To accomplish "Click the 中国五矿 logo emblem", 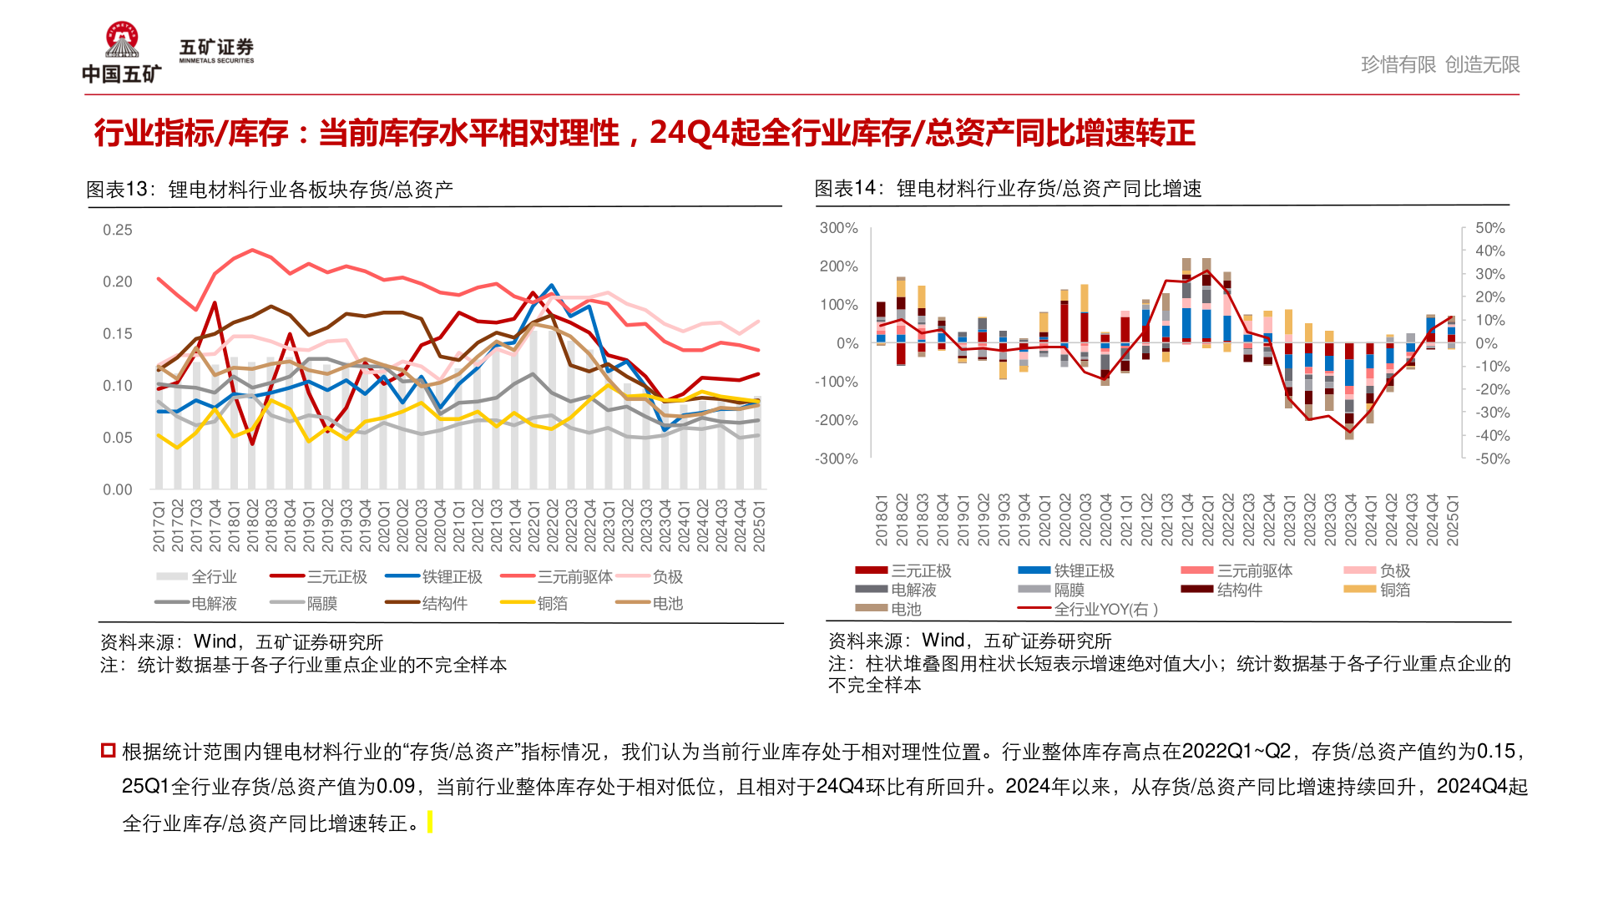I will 122,40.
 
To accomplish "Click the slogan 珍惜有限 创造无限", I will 1439,64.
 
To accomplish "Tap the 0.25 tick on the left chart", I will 118,230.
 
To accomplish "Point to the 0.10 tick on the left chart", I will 118,386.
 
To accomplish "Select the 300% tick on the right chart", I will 838,228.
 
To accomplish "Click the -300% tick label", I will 837,459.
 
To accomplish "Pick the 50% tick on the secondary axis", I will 1489,228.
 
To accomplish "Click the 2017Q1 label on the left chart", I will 159,526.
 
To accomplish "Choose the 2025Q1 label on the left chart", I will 759,526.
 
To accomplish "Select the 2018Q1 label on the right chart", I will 882,520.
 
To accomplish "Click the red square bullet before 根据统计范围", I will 108,750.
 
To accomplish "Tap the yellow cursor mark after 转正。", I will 430,823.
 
